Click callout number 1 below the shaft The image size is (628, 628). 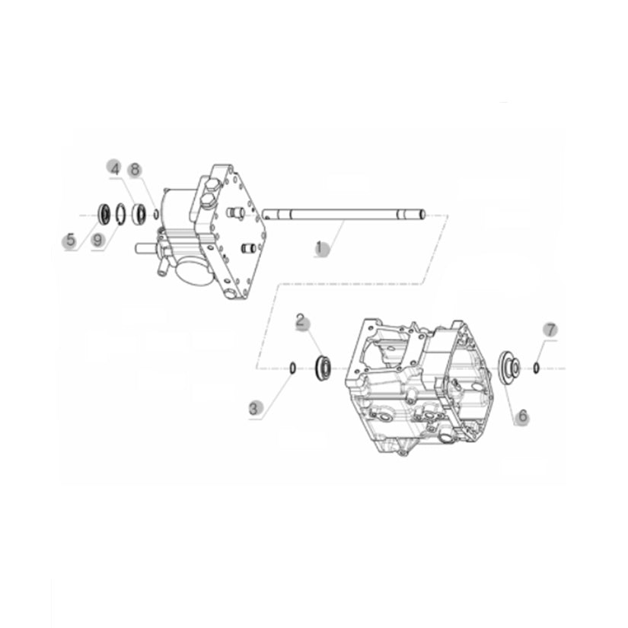pyautogui.click(x=320, y=247)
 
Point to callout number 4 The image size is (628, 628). pyautogui.click(x=116, y=169)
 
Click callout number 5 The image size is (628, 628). pyautogui.click(x=71, y=241)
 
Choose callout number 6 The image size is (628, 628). pyautogui.click(x=523, y=416)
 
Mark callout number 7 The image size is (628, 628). pyautogui.click(x=550, y=330)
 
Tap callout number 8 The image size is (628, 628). pyautogui.click(x=135, y=170)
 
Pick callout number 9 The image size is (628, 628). pyautogui.click(x=97, y=241)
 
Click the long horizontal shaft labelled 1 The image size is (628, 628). pyautogui.click(x=343, y=215)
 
